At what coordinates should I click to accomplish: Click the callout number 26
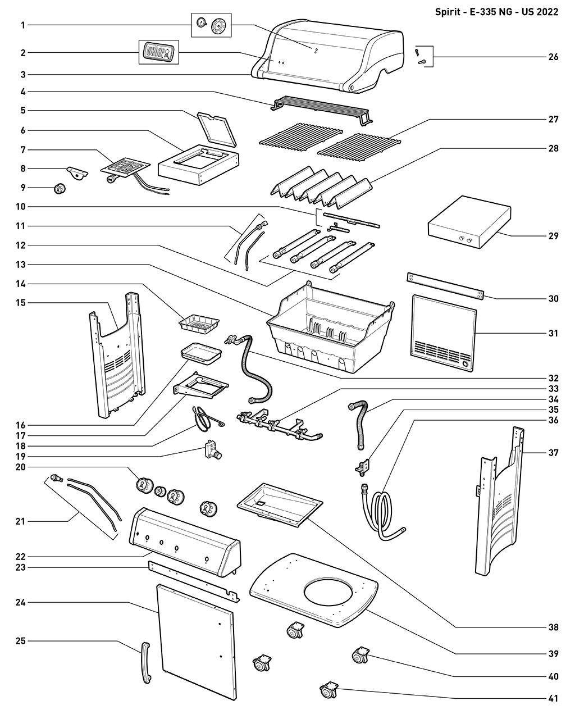click(553, 57)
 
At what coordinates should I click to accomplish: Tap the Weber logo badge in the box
click(158, 52)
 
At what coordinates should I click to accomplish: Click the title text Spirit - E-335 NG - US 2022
click(496, 12)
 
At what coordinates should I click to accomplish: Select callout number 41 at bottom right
click(553, 699)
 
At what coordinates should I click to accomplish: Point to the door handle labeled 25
click(146, 663)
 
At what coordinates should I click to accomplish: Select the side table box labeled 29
click(469, 222)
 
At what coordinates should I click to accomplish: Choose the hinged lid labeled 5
click(215, 128)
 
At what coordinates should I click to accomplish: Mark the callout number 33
click(553, 388)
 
